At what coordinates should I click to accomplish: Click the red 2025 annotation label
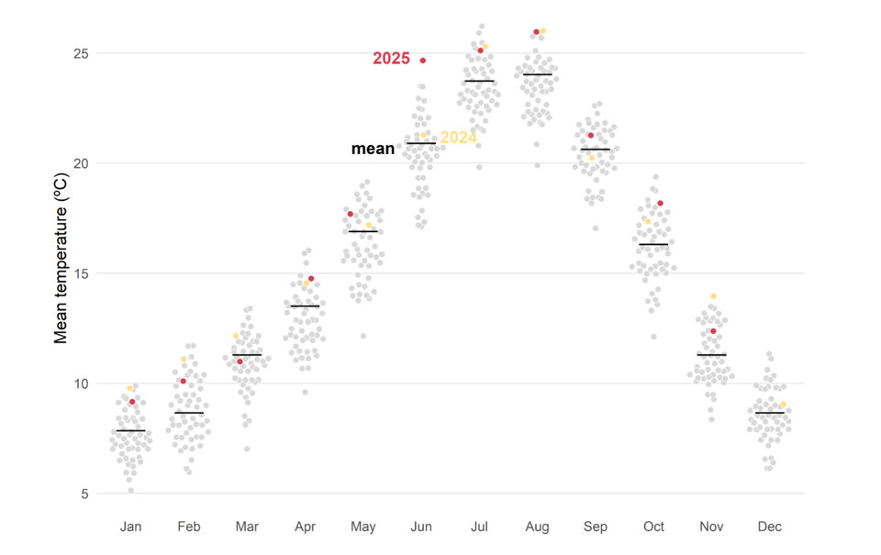391,59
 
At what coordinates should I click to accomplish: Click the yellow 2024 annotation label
458,138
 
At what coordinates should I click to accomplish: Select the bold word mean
373,149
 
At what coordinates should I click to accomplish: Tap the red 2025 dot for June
423,61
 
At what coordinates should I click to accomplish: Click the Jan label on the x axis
131,527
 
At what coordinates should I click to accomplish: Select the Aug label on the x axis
537,527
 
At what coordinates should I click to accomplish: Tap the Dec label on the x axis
770,527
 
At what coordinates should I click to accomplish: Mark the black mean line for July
479,81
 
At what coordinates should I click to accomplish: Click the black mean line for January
131,430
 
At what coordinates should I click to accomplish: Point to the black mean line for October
653,245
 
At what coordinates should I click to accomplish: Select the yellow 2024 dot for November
713,296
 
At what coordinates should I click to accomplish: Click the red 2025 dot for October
660,204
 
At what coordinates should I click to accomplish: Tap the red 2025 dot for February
184,381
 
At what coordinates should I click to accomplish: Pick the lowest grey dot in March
246,449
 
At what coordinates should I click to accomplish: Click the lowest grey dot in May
362,336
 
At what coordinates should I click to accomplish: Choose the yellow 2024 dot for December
783,405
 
